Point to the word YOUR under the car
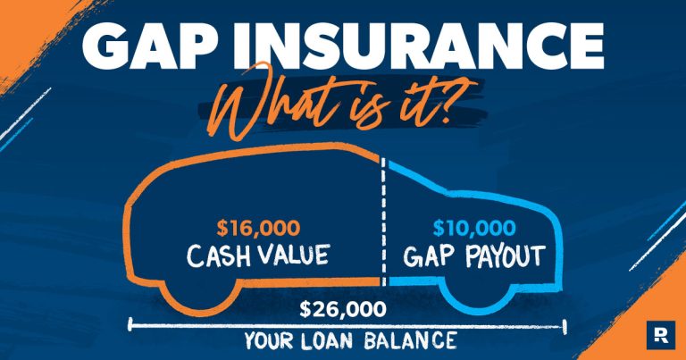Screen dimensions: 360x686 268,340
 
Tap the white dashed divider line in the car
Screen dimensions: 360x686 384,223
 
